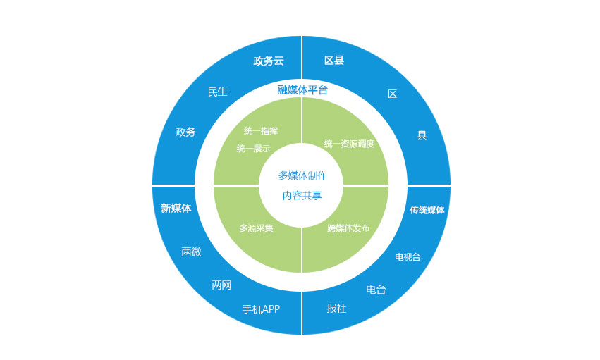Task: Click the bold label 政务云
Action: [x=269, y=61]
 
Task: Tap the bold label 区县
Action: [x=334, y=61]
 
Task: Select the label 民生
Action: [x=217, y=92]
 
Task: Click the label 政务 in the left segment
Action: [x=185, y=132]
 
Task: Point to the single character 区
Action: [x=392, y=94]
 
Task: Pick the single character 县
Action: [x=422, y=135]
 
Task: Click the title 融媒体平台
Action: [x=302, y=89]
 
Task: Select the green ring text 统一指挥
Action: [x=261, y=131]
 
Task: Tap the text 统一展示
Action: [x=253, y=148]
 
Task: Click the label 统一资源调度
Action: [x=349, y=144]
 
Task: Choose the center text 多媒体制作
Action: [x=302, y=176]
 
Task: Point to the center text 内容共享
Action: [x=302, y=196]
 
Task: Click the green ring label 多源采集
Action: [x=257, y=228]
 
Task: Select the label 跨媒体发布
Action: [x=348, y=228]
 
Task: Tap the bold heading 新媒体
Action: [x=176, y=209]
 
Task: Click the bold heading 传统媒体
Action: [x=427, y=210]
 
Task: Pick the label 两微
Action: [x=191, y=252]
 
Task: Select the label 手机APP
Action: [x=261, y=309]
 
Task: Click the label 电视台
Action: [x=408, y=257]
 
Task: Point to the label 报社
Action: [x=337, y=309]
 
